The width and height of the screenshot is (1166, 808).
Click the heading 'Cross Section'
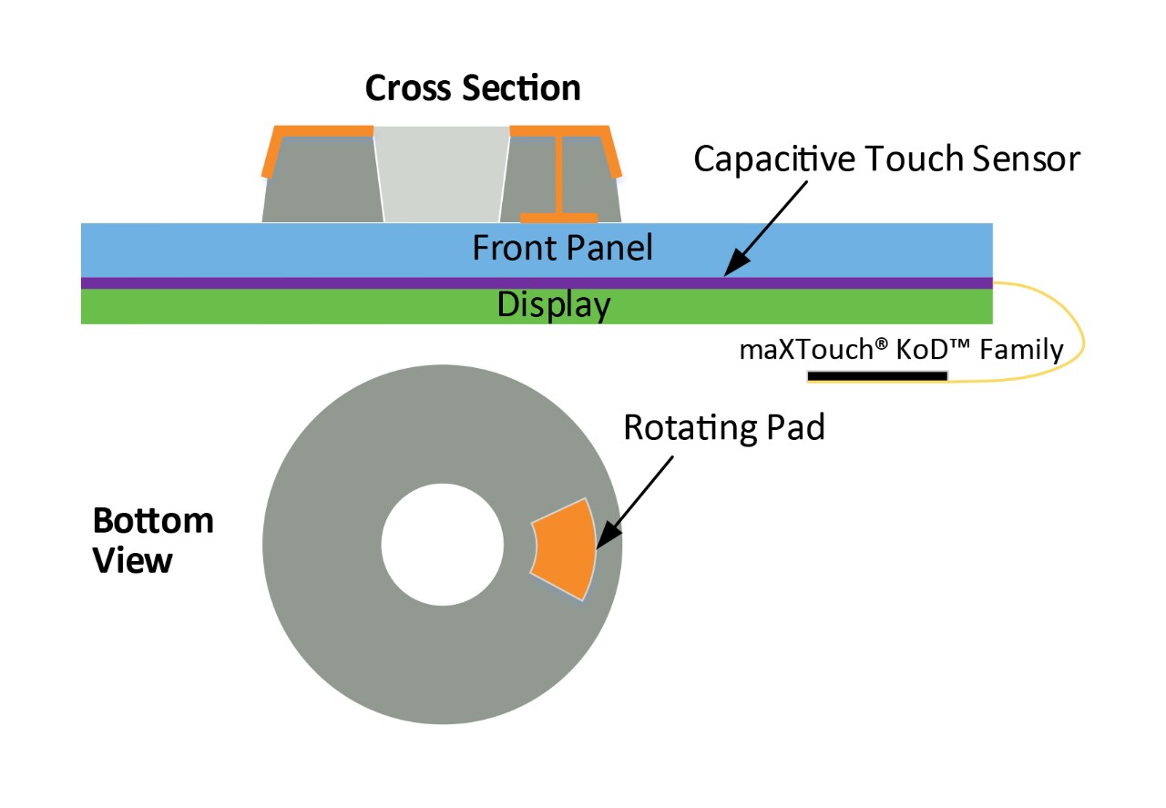click(473, 88)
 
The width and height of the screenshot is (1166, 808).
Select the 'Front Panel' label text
click(562, 248)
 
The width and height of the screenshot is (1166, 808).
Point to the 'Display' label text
click(553, 305)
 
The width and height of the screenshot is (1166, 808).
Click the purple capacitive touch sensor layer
click(364, 283)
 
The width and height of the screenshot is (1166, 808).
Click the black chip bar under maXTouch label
click(877, 375)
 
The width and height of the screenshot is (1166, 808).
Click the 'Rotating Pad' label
click(724, 427)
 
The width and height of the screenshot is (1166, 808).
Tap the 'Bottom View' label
click(153, 540)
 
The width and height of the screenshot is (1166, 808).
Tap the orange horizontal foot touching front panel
click(558, 218)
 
